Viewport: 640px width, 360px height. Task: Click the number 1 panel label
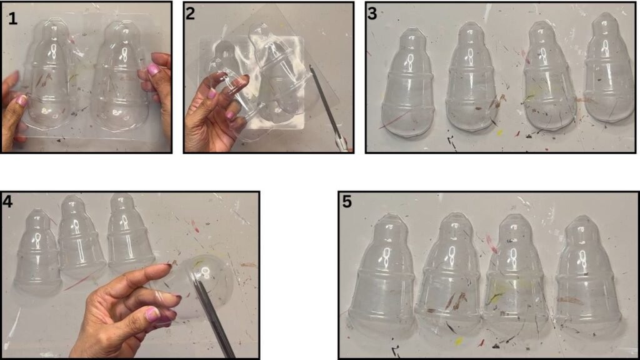(x=12, y=18)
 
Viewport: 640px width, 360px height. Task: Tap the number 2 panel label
(x=190, y=13)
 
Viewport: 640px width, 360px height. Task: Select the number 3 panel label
(x=371, y=13)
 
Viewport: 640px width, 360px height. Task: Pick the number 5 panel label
(x=346, y=201)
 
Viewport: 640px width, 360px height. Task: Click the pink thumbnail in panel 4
(x=152, y=314)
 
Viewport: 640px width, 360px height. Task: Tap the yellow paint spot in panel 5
(x=458, y=341)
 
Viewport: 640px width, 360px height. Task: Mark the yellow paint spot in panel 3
(x=499, y=133)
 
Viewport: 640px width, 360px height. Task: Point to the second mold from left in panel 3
(x=471, y=77)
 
